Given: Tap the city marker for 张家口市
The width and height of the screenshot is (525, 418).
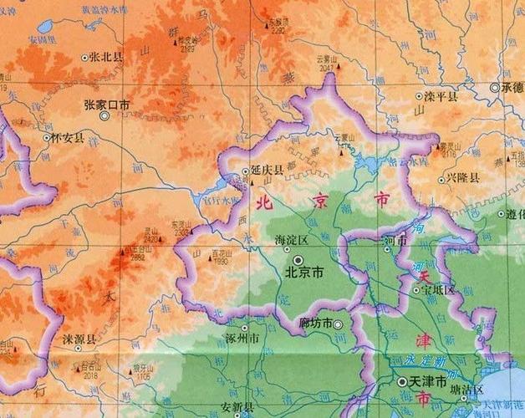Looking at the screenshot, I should coord(104,116).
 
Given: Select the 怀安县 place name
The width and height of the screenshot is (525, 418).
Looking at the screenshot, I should coord(68,137).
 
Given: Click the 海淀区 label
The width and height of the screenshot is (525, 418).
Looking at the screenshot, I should coord(292,241).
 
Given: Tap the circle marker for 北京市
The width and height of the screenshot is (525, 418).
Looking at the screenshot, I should coord(298,261).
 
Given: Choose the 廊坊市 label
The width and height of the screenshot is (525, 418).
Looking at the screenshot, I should coord(316,324).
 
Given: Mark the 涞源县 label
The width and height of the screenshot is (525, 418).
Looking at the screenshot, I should coord(79,340).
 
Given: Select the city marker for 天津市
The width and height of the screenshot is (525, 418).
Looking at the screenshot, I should coord(401,381).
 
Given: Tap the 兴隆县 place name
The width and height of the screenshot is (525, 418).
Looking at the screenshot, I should coord(462,178).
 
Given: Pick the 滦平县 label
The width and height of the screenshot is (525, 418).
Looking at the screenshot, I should coord(441,97).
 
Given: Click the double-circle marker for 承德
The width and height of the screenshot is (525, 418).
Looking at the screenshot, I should coord(495,87).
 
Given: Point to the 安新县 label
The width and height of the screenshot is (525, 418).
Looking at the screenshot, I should coord(237,407).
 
